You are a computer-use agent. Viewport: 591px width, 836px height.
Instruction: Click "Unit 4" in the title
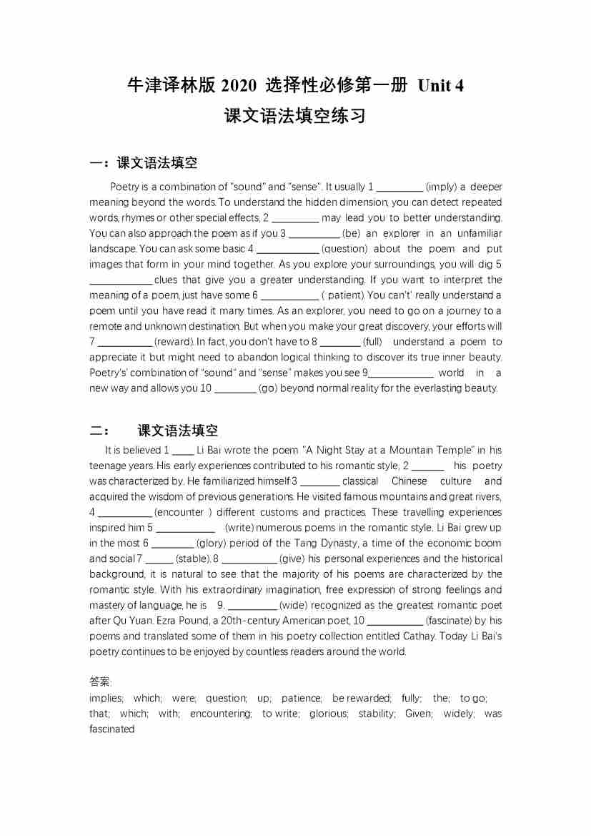pos(440,86)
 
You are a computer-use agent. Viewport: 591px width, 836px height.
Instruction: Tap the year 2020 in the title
pos(238,86)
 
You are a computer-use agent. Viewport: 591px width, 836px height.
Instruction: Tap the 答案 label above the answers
pos(100,682)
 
